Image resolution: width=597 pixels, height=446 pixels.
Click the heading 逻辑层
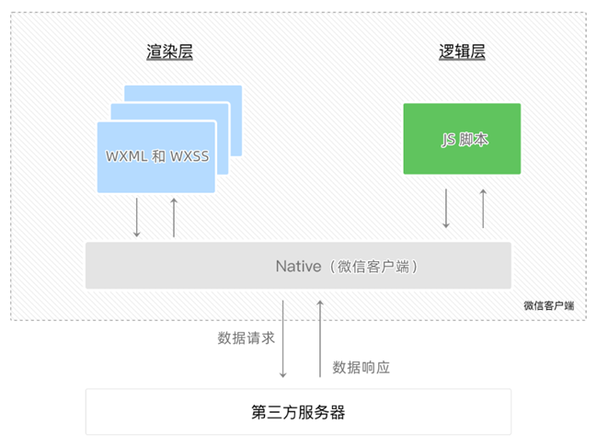coord(462,52)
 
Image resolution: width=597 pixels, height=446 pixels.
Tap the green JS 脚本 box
coord(462,139)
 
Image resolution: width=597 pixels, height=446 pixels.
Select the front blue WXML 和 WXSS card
coord(156,156)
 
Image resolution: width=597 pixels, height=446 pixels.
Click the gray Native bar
coord(298,266)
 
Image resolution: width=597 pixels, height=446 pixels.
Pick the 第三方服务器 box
coord(298,412)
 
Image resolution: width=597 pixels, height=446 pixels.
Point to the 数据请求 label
coord(246,337)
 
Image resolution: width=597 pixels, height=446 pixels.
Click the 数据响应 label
coord(362,367)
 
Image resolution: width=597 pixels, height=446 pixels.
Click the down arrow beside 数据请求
coord(283,337)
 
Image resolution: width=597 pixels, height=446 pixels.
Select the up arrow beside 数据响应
coord(320,337)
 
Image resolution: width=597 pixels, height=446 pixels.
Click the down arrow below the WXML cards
coord(137,217)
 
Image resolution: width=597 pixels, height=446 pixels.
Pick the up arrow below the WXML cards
coord(173,217)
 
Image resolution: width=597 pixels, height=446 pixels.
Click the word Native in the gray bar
coord(297,266)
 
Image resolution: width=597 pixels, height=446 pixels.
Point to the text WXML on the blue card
coord(126,156)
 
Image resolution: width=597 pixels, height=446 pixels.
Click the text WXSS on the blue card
coord(189,156)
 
